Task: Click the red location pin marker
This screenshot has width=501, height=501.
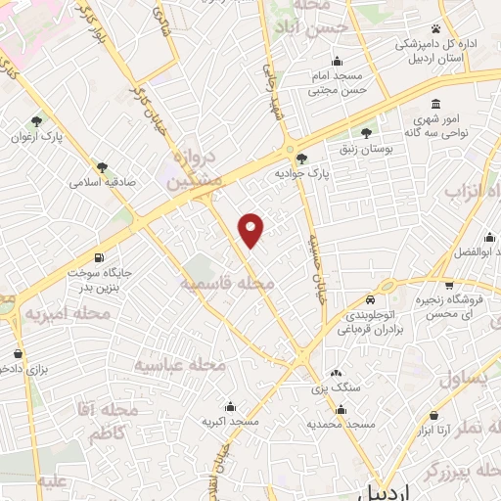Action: (x=251, y=229)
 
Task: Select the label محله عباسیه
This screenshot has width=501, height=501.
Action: (x=179, y=364)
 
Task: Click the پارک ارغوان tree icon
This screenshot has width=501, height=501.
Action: (x=36, y=121)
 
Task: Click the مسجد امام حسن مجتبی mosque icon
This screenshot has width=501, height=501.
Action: (x=337, y=61)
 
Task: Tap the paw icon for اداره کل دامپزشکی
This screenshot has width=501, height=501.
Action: (x=435, y=28)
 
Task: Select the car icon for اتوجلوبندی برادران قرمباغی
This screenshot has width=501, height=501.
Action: (x=371, y=299)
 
